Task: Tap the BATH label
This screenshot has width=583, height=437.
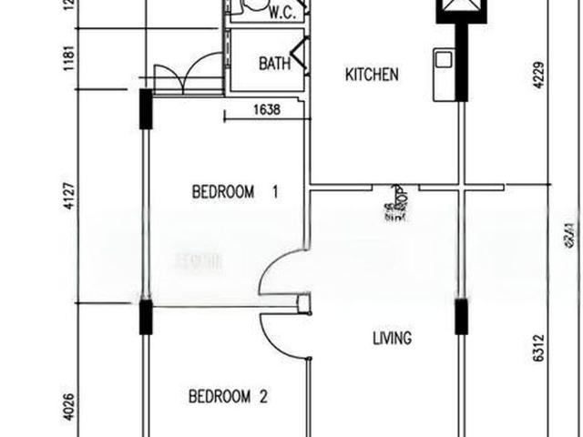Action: [274, 64]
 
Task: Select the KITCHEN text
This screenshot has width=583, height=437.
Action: [371, 75]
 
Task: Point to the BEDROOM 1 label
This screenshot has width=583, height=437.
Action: [235, 192]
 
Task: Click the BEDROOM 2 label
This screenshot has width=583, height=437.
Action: [227, 396]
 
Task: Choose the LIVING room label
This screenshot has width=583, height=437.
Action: [392, 338]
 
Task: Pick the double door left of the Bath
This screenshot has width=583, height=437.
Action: [188, 74]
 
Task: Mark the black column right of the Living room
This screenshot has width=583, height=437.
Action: [460, 319]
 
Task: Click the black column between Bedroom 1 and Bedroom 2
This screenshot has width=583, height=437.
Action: [144, 319]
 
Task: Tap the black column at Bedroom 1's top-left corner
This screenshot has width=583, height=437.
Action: [144, 109]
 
